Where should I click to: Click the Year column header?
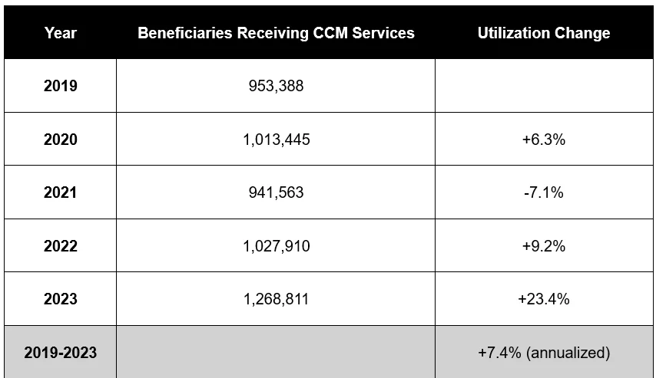click(x=60, y=33)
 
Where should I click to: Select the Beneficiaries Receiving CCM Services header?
click(x=276, y=33)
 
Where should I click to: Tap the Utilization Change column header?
click(x=544, y=33)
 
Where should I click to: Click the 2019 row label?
click(x=60, y=86)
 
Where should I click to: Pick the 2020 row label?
click(x=60, y=139)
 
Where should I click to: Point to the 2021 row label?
click(x=60, y=192)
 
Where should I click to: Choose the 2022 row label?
click(x=60, y=245)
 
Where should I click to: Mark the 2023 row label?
click(x=60, y=298)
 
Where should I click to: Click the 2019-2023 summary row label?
click(x=60, y=353)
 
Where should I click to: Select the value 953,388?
click(x=276, y=86)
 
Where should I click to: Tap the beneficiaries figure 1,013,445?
click(x=277, y=140)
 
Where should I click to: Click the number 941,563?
click(x=276, y=192)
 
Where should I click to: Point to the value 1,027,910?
click(x=277, y=246)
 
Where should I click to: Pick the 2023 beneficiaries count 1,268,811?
click(x=276, y=299)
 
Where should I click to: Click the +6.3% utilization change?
click(x=544, y=140)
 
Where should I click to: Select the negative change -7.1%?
click(x=544, y=192)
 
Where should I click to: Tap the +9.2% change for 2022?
click(x=544, y=246)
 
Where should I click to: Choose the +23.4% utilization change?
click(x=544, y=299)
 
